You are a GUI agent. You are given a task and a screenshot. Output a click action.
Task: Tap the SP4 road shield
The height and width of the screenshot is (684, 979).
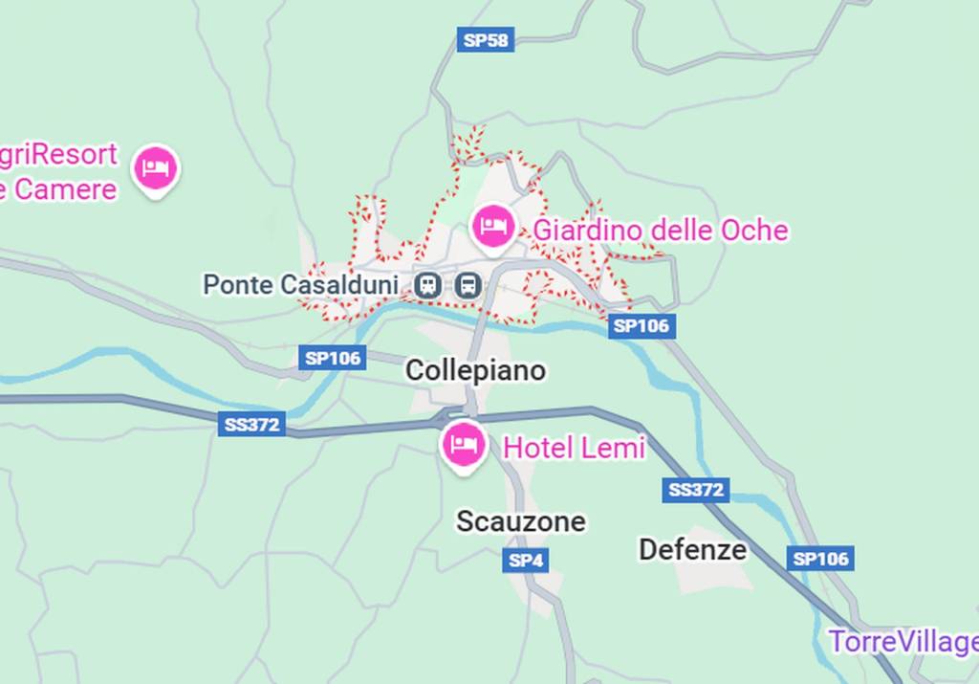(525, 561)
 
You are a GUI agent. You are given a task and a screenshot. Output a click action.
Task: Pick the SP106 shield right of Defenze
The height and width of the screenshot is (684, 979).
(821, 559)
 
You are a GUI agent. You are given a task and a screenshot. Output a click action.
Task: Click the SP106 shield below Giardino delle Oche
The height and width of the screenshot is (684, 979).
(641, 326)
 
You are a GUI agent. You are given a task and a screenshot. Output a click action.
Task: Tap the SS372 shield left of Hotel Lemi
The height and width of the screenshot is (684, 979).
(251, 424)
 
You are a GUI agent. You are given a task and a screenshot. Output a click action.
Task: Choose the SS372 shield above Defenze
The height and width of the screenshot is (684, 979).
(695, 490)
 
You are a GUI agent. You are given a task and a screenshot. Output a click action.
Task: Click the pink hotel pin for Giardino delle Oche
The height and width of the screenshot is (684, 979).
(493, 227)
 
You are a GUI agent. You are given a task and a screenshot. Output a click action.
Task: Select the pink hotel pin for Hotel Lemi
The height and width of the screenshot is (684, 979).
(464, 444)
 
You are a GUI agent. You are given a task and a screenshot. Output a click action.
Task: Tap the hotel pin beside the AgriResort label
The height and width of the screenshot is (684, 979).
(156, 168)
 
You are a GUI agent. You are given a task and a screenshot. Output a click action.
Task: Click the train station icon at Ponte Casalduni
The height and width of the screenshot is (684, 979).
(428, 284)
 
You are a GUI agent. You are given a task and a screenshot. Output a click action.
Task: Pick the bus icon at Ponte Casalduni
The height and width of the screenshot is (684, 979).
(468, 284)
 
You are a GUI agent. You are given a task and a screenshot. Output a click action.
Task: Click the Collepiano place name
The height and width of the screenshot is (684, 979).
(475, 370)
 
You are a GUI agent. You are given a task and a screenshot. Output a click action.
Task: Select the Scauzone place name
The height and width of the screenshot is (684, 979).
(520, 521)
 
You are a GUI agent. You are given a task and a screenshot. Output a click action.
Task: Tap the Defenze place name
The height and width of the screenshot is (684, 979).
(692, 549)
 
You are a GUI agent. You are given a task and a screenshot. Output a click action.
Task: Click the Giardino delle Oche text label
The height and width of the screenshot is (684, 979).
(660, 231)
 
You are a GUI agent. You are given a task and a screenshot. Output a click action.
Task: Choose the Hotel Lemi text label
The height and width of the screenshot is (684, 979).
(574, 447)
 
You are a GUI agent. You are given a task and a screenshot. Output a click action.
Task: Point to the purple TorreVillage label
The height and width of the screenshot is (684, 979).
(903, 642)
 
